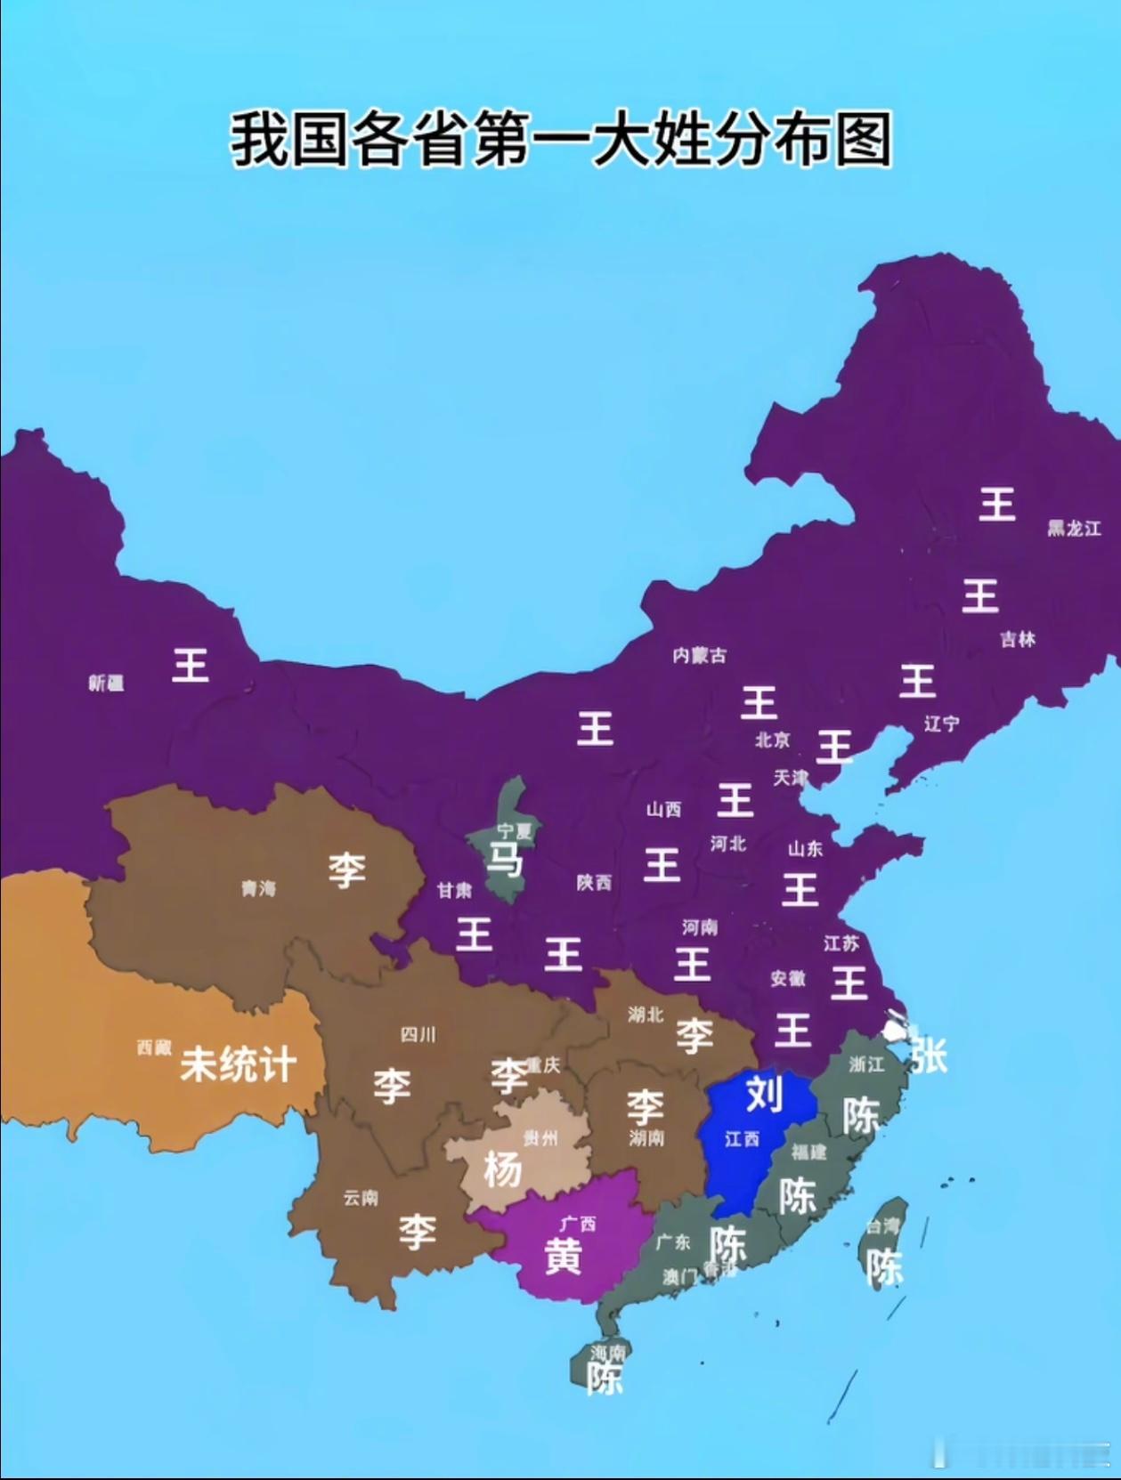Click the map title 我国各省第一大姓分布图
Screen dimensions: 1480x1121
pos(561,140)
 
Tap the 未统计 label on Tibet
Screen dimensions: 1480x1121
pos(238,1063)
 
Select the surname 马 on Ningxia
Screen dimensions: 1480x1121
pos(504,860)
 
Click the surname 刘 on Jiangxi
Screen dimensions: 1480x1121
pos(764,1092)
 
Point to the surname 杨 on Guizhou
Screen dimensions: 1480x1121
pos(503,1169)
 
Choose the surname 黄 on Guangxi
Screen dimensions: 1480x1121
pos(563,1256)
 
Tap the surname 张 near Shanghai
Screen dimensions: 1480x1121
pos(928,1056)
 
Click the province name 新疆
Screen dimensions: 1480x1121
pos(106,683)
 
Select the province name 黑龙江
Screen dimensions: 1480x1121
pos(1074,529)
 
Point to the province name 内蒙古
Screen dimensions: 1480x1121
pos(700,655)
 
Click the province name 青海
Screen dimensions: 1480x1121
pos(258,888)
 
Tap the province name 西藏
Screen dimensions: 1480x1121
pos(153,1047)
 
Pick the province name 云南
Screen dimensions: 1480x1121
pos(361,1198)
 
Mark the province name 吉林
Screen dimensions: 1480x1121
pos(1017,639)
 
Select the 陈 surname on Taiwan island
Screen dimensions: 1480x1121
pos(885,1267)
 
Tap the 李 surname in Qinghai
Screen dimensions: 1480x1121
pos(346,869)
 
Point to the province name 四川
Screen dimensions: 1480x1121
pos(418,1034)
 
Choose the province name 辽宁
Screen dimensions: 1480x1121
pos(941,724)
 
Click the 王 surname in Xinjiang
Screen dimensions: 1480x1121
pos(190,665)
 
